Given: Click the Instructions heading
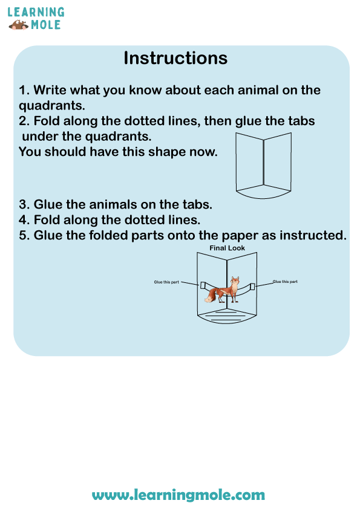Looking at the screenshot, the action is pos(175,58).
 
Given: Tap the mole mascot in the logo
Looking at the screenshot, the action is pos(18,25).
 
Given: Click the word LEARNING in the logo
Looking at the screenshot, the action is pos(36,12).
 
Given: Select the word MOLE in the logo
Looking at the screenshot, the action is pos(46,25).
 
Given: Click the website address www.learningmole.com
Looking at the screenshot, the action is pos(178,495).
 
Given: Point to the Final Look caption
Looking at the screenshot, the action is pos(227,248).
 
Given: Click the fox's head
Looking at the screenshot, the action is pos(235,281).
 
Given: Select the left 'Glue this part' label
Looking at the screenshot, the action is pos(166,282).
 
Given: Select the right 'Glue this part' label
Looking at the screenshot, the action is pos(285,282).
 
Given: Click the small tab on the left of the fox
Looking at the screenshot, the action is pos(203,285).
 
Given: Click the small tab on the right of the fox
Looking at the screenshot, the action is pos(252,287).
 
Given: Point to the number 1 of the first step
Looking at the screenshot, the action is pos(22,90).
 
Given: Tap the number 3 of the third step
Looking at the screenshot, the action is pos(23,204).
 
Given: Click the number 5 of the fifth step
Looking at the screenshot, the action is pos(23,235).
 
